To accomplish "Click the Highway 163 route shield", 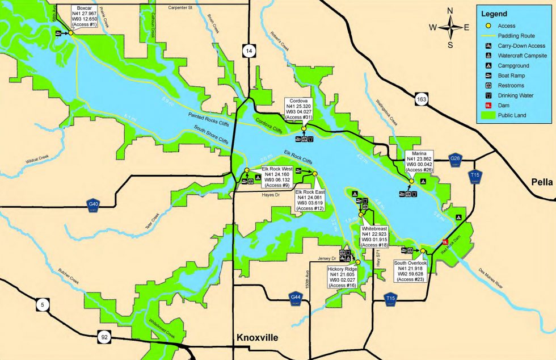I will (420, 98).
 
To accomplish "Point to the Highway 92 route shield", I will (104, 337).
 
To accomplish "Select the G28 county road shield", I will (454, 160).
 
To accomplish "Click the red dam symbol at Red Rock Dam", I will (445, 243).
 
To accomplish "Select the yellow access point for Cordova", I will (304, 129).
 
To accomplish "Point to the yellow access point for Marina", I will (411, 182).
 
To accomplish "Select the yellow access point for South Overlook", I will (423, 250).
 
